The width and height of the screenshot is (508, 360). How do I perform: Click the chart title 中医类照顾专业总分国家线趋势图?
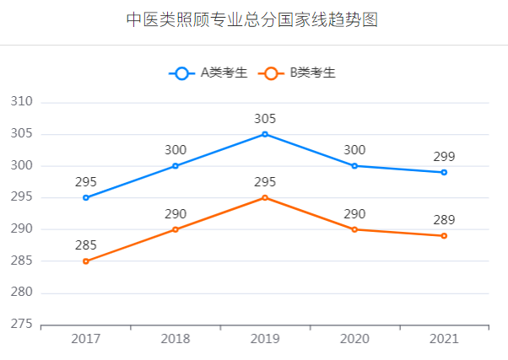point(252,20)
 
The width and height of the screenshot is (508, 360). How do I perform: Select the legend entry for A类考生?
point(208,73)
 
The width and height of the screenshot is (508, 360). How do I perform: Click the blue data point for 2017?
point(85,197)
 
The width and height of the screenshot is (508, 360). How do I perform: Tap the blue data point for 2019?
point(265,134)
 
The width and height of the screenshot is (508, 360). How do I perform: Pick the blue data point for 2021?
point(444,172)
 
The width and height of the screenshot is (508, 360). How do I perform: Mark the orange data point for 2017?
point(85,261)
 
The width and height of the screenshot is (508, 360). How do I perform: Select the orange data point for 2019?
point(265,197)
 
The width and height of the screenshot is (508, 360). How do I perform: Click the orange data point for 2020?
point(354,229)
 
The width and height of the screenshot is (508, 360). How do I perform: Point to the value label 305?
point(265,119)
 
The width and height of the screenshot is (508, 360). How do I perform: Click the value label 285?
point(85,245)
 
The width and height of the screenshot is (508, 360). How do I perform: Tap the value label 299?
point(444,157)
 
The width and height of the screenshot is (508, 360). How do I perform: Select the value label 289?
point(444,220)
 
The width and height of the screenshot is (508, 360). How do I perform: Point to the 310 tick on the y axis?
point(21,102)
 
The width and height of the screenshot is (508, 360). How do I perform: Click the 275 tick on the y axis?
point(21,325)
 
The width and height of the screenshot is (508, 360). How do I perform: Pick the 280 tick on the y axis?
point(21,293)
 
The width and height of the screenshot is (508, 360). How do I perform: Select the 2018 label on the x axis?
point(175,339)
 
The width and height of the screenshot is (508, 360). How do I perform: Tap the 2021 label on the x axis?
point(444,339)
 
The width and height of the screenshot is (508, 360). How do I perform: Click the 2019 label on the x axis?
point(265,339)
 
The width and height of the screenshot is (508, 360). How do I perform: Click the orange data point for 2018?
point(175,229)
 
